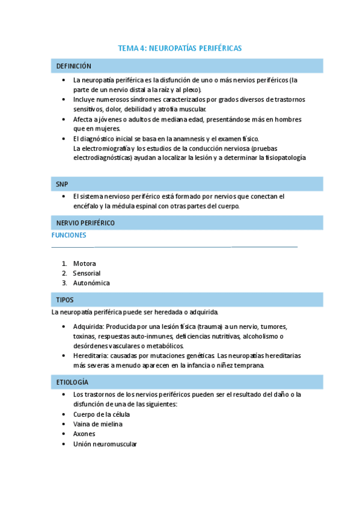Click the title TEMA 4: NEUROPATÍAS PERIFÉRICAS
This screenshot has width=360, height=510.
(x=180, y=48)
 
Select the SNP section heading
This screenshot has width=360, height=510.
(x=63, y=183)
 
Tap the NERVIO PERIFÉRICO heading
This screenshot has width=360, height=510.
(x=85, y=223)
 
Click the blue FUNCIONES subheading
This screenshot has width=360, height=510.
(x=69, y=235)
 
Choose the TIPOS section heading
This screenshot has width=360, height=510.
(x=65, y=300)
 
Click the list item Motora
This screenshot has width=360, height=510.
(x=84, y=263)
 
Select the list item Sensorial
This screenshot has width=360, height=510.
(x=87, y=273)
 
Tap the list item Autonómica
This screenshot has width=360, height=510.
(x=91, y=283)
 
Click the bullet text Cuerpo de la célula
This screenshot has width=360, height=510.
(x=101, y=414)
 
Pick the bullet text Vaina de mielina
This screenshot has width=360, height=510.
(x=97, y=424)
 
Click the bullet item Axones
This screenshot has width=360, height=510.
(x=84, y=434)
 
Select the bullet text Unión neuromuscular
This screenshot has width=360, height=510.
(x=105, y=444)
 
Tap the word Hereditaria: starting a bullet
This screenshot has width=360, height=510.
(x=91, y=355)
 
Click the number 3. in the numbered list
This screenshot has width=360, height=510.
(x=64, y=283)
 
